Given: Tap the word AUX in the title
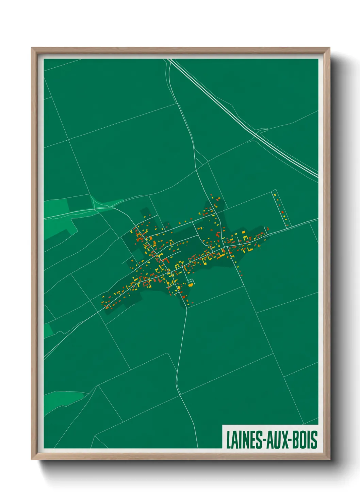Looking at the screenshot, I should [x=276, y=439].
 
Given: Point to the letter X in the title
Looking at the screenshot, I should [x=284, y=439].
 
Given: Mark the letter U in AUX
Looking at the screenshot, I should [x=276, y=439].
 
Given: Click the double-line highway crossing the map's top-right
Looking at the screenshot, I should [x=231, y=109].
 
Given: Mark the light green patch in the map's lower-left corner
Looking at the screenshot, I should [x=63, y=398].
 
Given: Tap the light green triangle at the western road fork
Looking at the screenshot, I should [x=102, y=203].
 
